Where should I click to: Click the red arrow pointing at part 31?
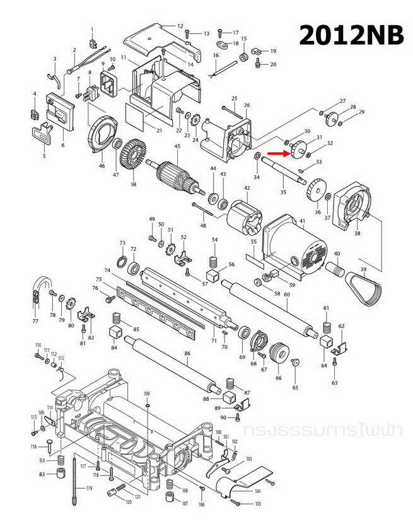point(277,153)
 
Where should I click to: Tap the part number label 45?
point(178,147)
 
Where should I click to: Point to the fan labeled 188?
point(133,155)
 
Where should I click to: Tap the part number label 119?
point(89,488)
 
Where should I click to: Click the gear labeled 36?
point(316,190)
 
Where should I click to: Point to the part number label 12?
point(180,26)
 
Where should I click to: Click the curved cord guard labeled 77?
point(39,290)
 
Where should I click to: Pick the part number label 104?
point(257,491)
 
